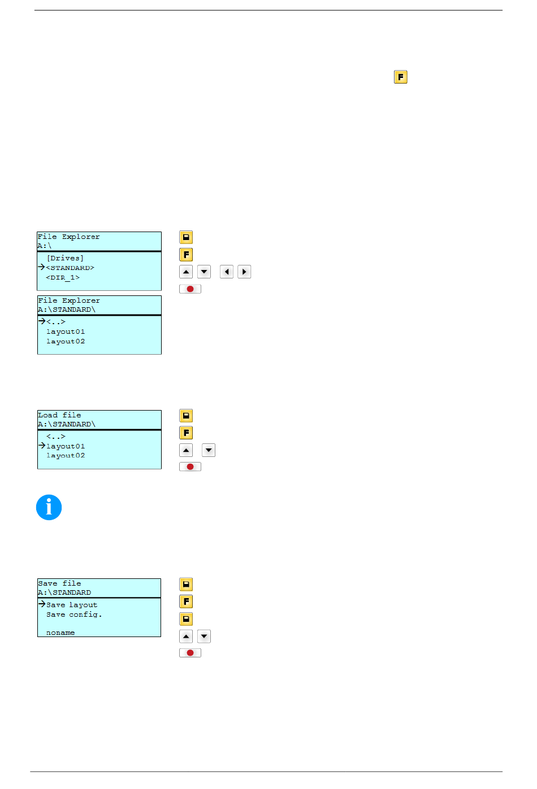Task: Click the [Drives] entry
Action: pyautogui.click(x=65, y=258)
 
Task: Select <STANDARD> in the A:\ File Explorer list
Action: pyautogui.click(x=70, y=268)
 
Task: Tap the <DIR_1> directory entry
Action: pyautogui.click(x=63, y=277)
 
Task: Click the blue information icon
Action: pyautogui.click(x=49, y=507)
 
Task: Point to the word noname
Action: pyautogui.click(x=60, y=633)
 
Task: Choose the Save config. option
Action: pyautogui.click(x=74, y=614)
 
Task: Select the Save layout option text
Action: pyautogui.click(x=72, y=605)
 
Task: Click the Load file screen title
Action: pyautogui.click(x=59, y=415)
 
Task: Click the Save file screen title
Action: pyautogui.click(x=59, y=583)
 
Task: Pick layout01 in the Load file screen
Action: pyautogui.click(x=66, y=446)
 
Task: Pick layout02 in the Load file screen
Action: pyautogui.click(x=66, y=455)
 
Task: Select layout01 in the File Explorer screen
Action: pyautogui.click(x=66, y=332)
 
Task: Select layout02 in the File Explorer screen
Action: pyautogui.click(x=66, y=341)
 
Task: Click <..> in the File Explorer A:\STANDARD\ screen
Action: pyautogui.click(x=56, y=321)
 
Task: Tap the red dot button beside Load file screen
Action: pyautogui.click(x=190, y=467)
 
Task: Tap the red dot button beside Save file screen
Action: pyautogui.click(x=190, y=653)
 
